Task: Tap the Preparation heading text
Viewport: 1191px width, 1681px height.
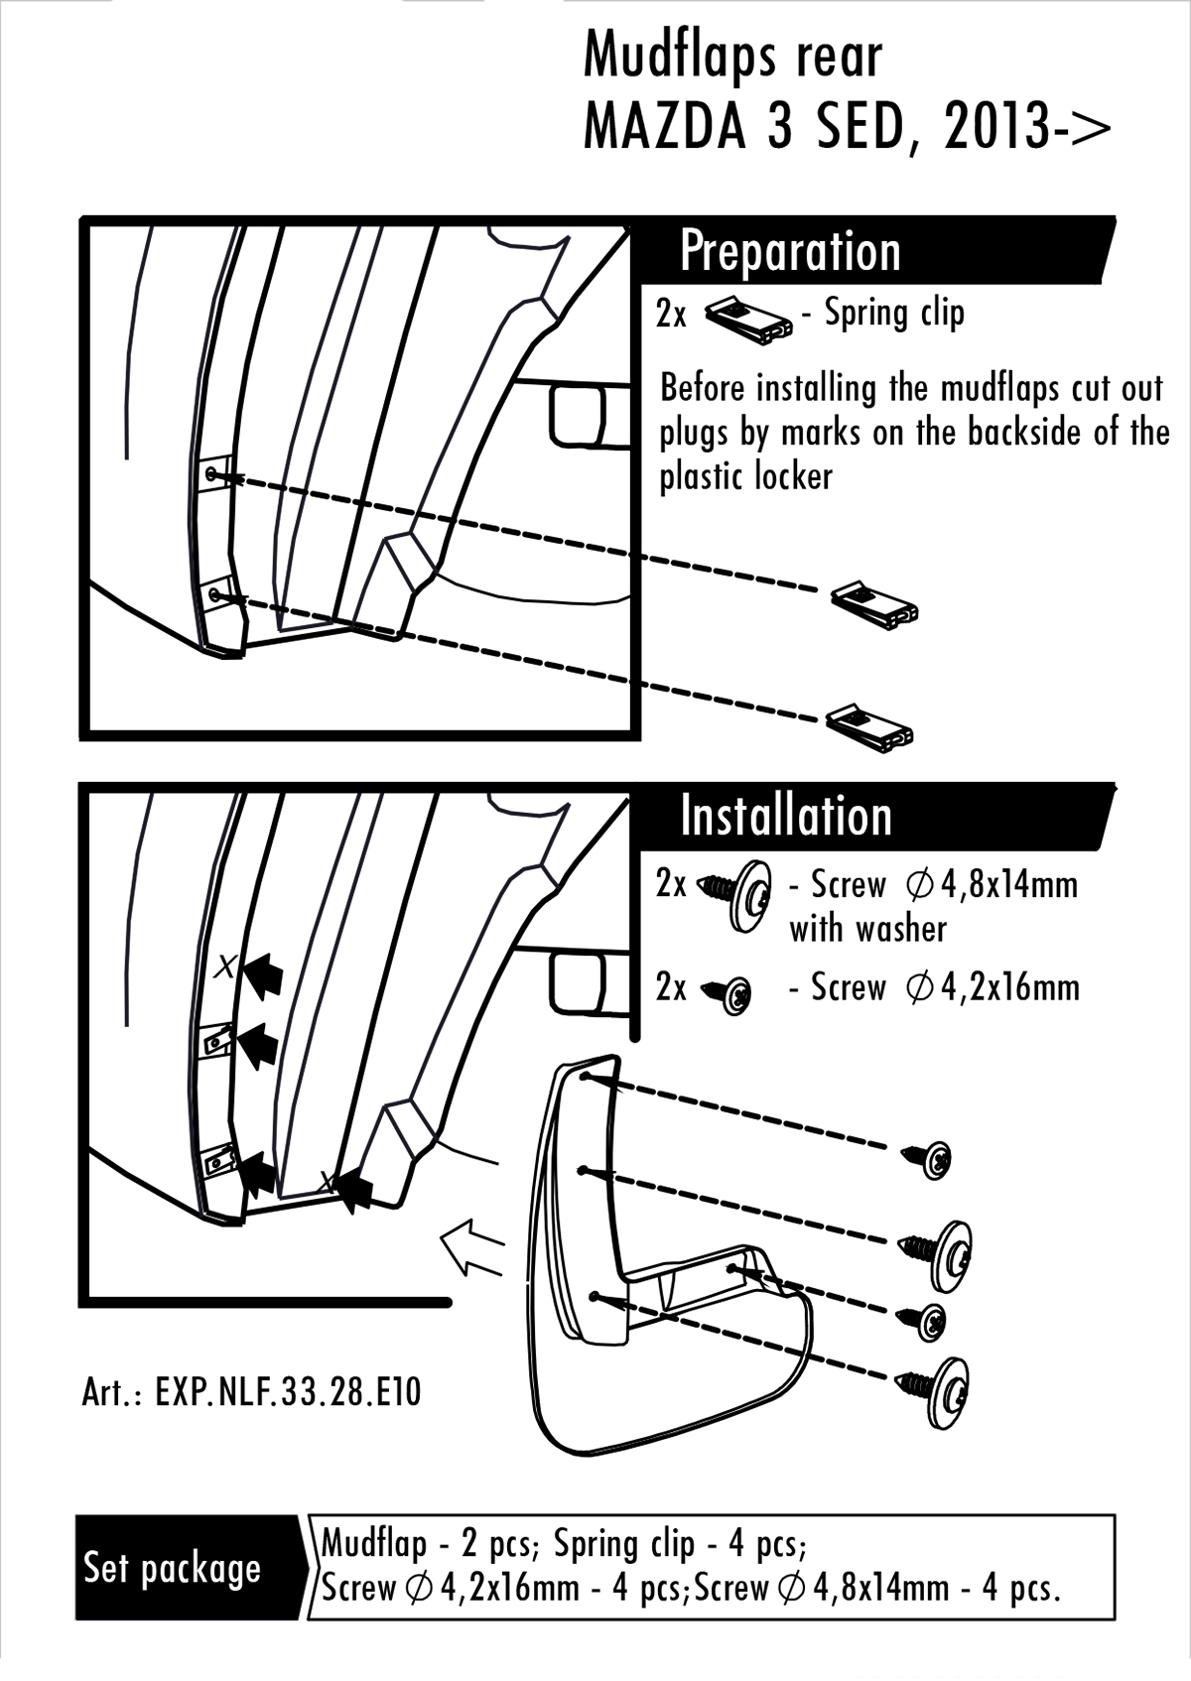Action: coord(790,251)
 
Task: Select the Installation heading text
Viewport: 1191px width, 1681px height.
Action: coord(786,816)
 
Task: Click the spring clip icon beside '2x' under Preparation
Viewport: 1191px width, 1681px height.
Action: coord(748,321)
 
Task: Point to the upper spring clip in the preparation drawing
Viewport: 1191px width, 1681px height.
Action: coord(874,604)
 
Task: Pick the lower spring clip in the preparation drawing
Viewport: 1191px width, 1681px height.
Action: coord(868,726)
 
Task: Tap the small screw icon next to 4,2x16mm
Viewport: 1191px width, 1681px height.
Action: coord(729,992)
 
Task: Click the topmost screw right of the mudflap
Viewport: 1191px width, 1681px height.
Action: coord(928,1158)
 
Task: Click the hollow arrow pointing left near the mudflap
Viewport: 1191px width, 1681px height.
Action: coord(472,1248)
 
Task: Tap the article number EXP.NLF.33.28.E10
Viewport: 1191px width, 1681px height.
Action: coord(251,1391)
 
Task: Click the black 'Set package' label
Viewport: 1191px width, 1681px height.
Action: coord(173,1568)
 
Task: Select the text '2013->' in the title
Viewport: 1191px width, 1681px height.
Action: coord(1027,126)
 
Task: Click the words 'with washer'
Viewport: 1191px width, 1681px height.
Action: coord(867,929)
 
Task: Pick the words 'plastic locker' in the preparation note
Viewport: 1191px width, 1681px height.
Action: coord(745,477)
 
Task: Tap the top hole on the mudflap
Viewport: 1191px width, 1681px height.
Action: coord(588,1077)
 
